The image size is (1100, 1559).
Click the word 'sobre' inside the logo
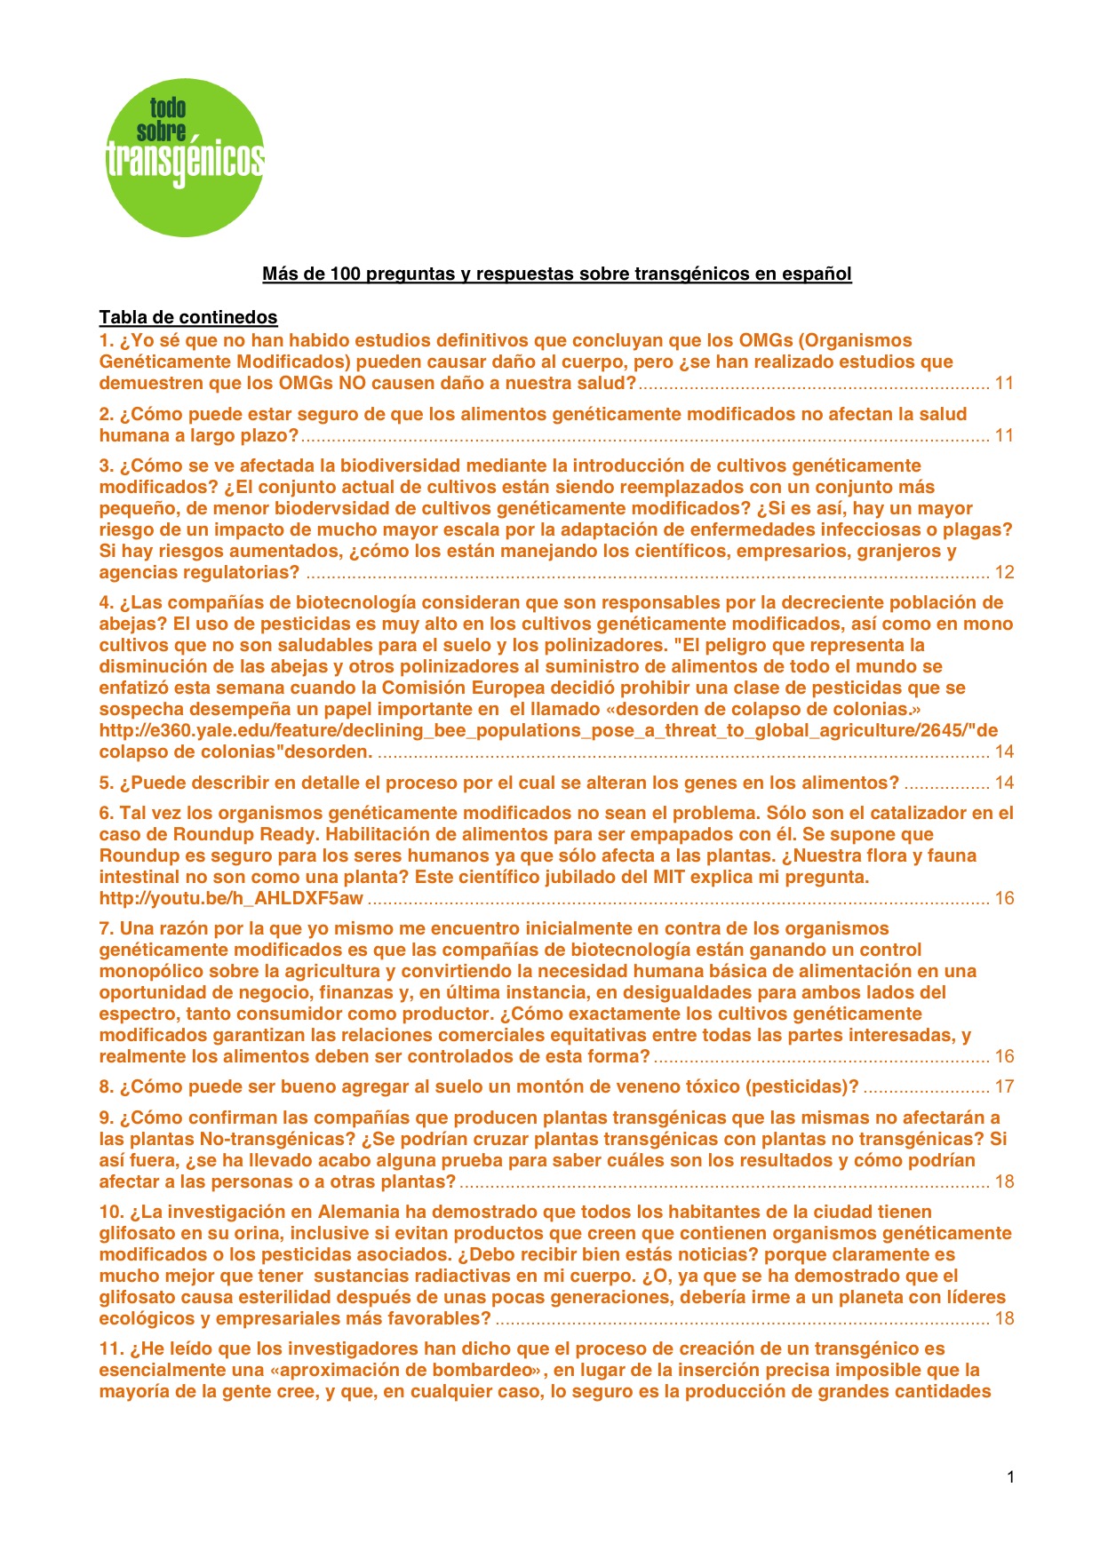[161, 132]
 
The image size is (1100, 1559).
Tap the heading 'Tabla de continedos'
[188, 317]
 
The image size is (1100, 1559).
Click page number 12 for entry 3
[1004, 572]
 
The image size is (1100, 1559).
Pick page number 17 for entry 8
[1004, 1086]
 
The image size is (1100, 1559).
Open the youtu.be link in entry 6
[231, 898]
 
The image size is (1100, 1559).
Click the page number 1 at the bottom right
[1010, 1477]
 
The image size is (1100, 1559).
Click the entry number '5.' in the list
[107, 783]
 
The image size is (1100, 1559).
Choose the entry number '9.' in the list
[107, 1118]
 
